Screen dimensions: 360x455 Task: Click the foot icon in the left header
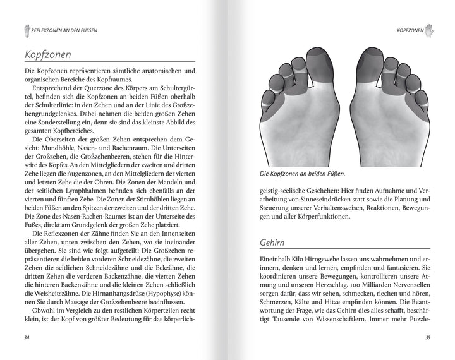click(26, 28)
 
